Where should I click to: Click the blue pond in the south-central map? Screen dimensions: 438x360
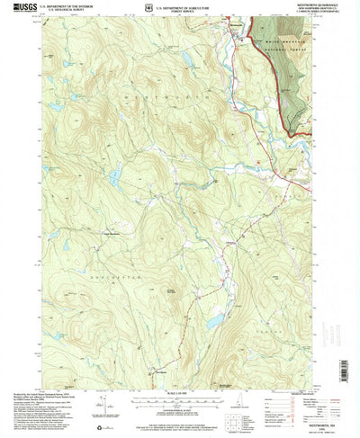click(x=215, y=320)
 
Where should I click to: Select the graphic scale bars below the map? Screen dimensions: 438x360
click(x=179, y=378)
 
